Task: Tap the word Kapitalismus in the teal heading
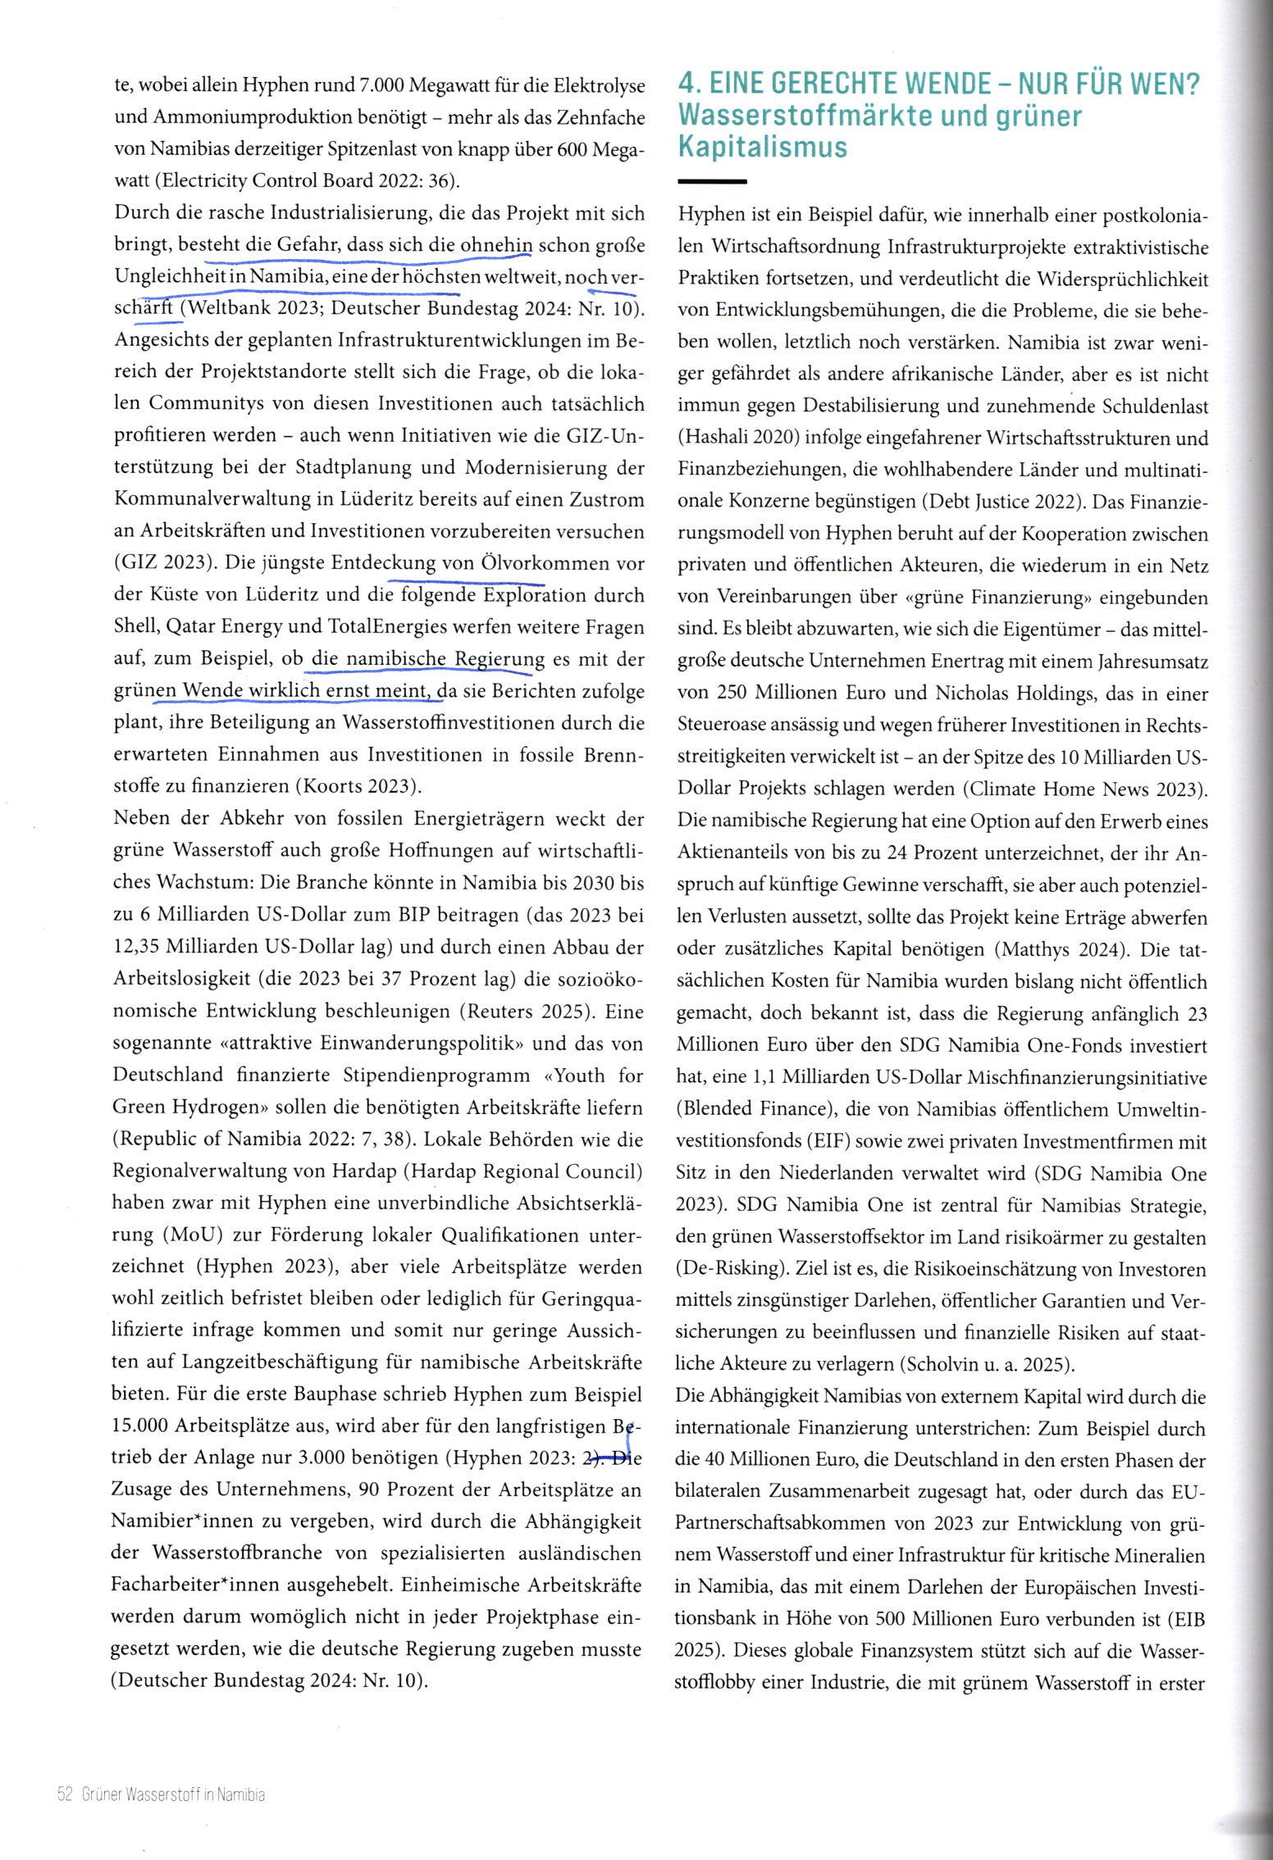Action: point(763,148)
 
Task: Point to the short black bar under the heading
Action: point(712,181)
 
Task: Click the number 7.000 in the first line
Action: point(382,85)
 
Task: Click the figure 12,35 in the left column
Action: point(137,946)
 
